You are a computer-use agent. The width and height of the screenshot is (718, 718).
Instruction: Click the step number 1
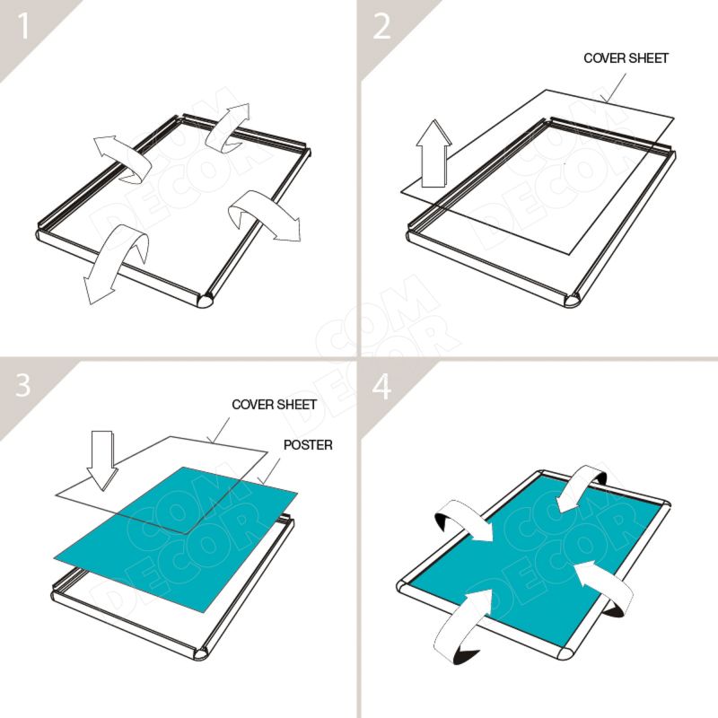pos(22,26)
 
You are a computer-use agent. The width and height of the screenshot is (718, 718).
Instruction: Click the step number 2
pos(381,26)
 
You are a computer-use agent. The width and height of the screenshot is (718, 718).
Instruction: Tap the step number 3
pos(22,385)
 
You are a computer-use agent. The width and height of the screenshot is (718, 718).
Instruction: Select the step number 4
pos(381,385)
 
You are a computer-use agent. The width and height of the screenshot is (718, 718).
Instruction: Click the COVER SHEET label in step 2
pos(626,58)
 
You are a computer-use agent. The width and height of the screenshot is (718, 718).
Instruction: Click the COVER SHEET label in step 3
pos(275,405)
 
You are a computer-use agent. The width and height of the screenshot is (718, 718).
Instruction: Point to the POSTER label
pos(308,444)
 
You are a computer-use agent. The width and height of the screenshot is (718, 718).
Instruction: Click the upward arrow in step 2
pos(433,153)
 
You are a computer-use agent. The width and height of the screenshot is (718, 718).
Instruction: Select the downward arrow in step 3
pos(101,460)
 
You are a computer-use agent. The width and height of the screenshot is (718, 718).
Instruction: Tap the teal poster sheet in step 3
pos(176,539)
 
